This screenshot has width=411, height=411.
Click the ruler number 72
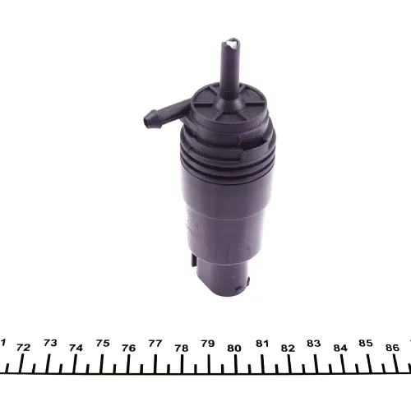coord(23,348)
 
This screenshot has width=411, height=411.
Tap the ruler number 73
coord(50,343)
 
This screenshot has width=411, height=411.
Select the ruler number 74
coord(76,348)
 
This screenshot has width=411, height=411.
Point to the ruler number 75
coord(103,343)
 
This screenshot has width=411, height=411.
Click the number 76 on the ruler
coord(129,348)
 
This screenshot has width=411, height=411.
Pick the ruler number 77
coord(155,343)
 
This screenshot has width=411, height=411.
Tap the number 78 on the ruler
coord(182,349)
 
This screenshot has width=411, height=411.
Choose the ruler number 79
coord(208,344)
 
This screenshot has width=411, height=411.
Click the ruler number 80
coord(234,349)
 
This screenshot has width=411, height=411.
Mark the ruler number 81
coord(262,344)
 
